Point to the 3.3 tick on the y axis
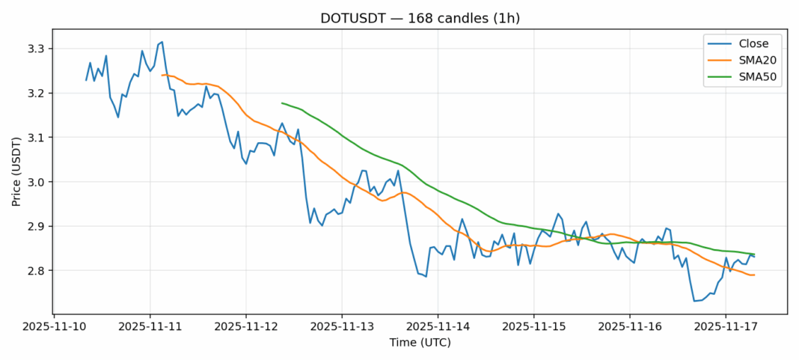click(36, 49)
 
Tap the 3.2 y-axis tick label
click(36, 93)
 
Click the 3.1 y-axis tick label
click(36, 138)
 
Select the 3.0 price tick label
click(36, 182)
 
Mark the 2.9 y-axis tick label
click(36, 226)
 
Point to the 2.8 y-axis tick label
click(36, 270)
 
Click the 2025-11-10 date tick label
click(54, 326)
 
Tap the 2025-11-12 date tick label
click(246, 326)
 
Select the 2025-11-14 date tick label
click(438, 326)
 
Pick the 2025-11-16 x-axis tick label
click(629, 326)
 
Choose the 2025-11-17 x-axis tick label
click(725, 326)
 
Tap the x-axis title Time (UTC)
click(420, 343)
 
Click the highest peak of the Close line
click(162, 42)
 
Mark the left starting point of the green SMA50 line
click(282, 103)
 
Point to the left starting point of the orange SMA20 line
click(162, 75)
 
